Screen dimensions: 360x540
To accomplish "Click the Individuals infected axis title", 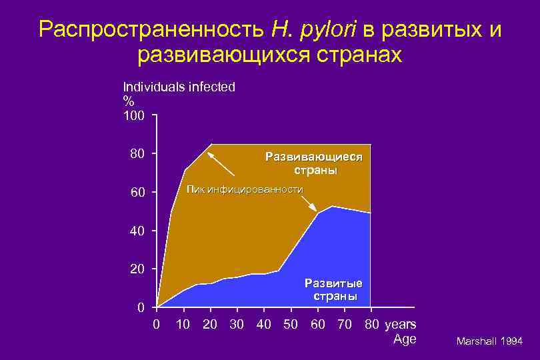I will [x=179, y=87].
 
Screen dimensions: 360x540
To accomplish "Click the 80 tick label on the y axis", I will [x=137, y=154].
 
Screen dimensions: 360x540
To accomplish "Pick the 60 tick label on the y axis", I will [x=137, y=193].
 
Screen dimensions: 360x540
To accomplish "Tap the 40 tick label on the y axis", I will [x=137, y=231].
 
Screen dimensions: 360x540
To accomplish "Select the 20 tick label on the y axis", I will [x=137, y=269].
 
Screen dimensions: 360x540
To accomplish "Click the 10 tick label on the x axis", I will [x=183, y=325].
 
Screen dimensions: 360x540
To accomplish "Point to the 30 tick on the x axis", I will [x=237, y=325].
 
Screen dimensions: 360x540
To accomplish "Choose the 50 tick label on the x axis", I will [x=291, y=325].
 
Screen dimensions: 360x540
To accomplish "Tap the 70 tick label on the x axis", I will [x=345, y=325].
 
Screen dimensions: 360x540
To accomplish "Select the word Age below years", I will [x=405, y=339].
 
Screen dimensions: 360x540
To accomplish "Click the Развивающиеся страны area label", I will [x=314, y=164].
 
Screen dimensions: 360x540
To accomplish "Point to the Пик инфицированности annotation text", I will [x=245, y=189].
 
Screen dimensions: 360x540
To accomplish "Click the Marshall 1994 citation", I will [x=489, y=341].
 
